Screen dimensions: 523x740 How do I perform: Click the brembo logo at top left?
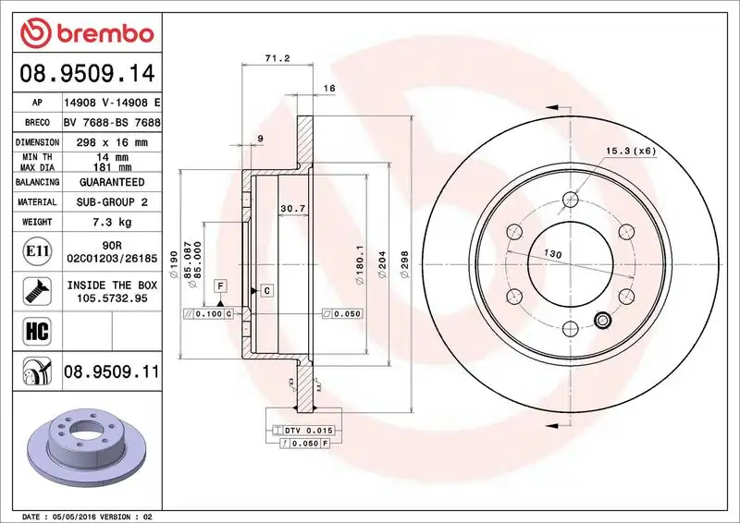tap(85, 33)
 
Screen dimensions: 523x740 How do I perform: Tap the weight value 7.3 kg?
tap(112, 222)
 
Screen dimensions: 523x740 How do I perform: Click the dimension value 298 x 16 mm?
tap(112, 143)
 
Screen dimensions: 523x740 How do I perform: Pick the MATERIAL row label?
tap(38, 201)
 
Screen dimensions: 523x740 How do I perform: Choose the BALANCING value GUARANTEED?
tap(112, 183)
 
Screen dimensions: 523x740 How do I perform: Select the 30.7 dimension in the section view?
tap(293, 208)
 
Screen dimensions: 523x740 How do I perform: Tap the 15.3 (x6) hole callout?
tap(630, 150)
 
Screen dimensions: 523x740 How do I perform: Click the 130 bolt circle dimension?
tap(552, 254)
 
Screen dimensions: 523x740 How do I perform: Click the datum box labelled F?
tap(222, 286)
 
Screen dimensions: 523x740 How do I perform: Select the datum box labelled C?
tap(265, 291)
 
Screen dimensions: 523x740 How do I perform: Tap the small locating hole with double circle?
tap(603, 321)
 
